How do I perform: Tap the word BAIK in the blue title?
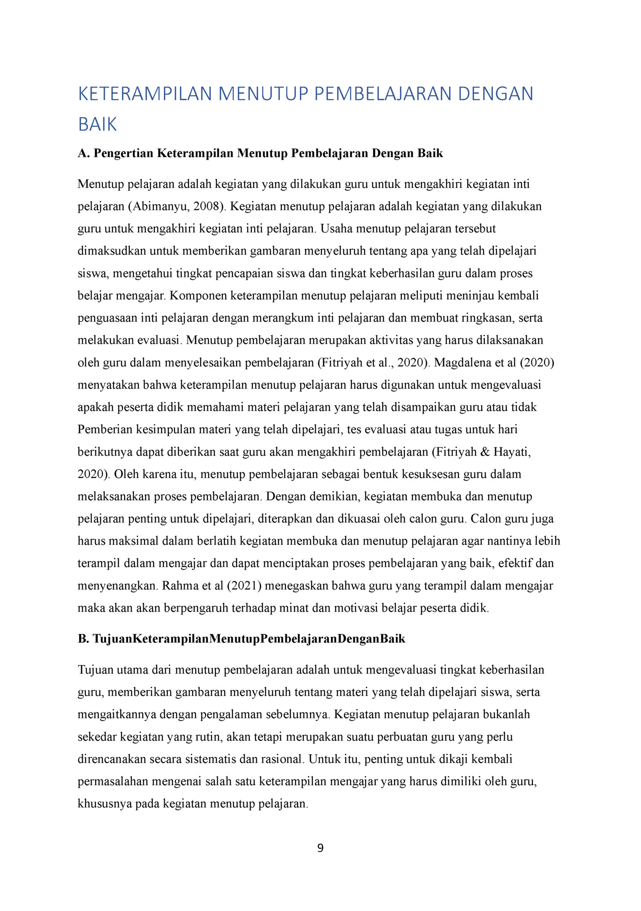click(97, 124)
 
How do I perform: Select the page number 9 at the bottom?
click(320, 848)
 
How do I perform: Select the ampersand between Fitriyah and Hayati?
click(485, 452)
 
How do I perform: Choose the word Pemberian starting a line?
click(105, 429)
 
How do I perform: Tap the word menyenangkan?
click(118, 586)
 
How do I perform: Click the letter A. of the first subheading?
click(84, 154)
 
